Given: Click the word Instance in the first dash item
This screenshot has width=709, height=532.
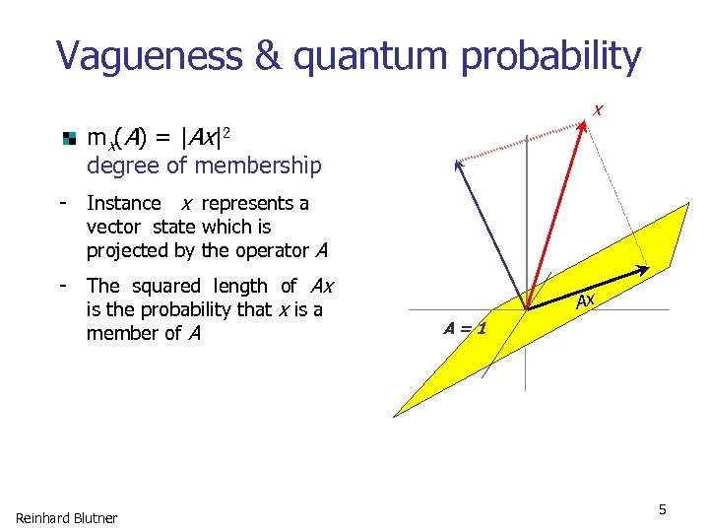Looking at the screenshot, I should pyautogui.click(x=124, y=204).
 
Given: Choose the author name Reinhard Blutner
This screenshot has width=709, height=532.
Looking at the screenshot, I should pyautogui.click(x=66, y=518).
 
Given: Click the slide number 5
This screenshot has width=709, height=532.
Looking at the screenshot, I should pyautogui.click(x=663, y=509).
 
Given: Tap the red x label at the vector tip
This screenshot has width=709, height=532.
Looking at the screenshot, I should pyautogui.click(x=598, y=109).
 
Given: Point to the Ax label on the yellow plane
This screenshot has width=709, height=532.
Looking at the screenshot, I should pyautogui.click(x=585, y=301).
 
